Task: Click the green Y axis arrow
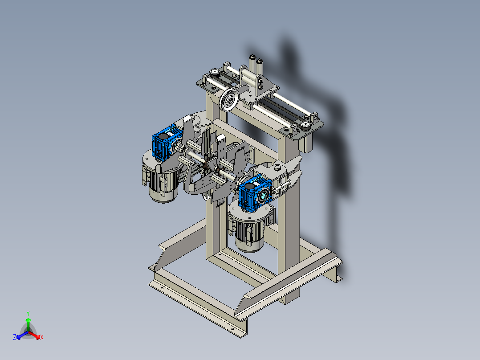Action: [28, 320]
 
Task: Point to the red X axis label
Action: [42, 338]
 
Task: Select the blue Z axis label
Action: [15, 337]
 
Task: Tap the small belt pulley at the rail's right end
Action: [305, 124]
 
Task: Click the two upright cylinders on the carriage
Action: [256, 67]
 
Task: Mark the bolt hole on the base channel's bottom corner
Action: [232, 330]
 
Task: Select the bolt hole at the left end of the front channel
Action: [161, 288]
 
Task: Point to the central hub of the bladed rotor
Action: [206, 165]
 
